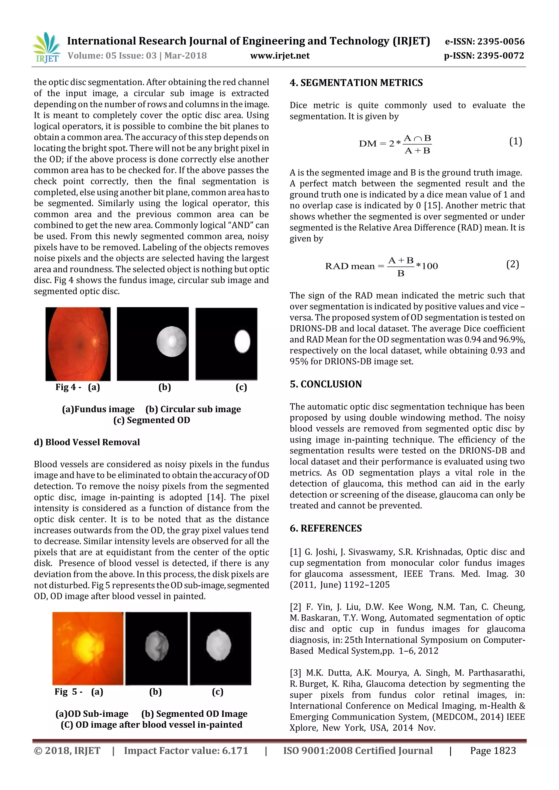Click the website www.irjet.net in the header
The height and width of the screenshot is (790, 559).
(x=279, y=56)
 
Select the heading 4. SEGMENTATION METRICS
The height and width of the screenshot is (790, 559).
(x=356, y=83)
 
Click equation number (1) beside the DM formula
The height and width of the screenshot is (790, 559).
(x=515, y=141)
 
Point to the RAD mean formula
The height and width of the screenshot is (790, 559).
(x=381, y=266)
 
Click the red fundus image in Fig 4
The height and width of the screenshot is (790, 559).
(x=78, y=344)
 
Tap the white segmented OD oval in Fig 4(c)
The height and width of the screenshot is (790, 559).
(x=242, y=341)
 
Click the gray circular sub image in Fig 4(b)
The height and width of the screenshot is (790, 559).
(x=171, y=341)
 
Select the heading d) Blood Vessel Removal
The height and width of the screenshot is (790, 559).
(x=87, y=442)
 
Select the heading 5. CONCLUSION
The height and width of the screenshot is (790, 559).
(x=326, y=384)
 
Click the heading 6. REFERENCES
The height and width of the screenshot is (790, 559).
(x=326, y=528)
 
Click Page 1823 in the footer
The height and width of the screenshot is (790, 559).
(x=493, y=750)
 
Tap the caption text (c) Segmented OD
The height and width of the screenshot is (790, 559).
(x=151, y=420)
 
